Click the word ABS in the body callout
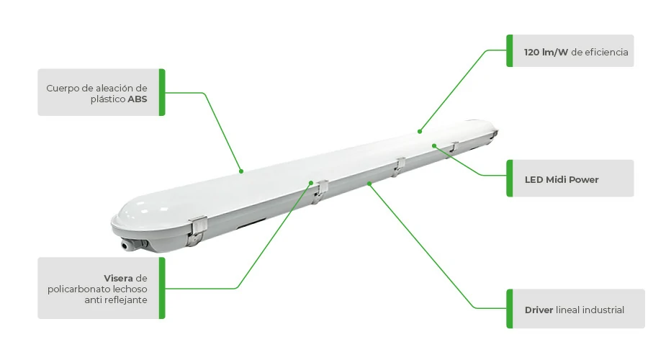tap(138, 99)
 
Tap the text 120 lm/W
tap(546, 53)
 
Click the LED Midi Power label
tap(562, 180)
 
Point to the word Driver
tap(539, 310)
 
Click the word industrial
tap(606, 310)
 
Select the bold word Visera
tap(119, 278)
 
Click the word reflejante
tap(127, 300)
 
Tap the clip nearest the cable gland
tap(197, 230)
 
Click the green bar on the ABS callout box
tap(162, 92)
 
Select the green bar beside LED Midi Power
tap(510, 178)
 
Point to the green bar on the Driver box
tap(510, 309)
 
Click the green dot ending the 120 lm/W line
tap(420, 132)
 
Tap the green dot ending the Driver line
tap(369, 183)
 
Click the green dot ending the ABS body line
tap(241, 171)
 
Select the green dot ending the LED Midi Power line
tap(434, 145)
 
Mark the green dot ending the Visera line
tap(311, 183)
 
